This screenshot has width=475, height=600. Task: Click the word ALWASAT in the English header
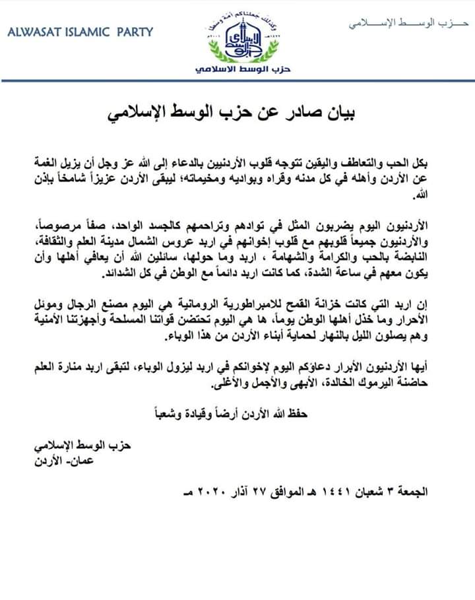[x=32, y=31]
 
